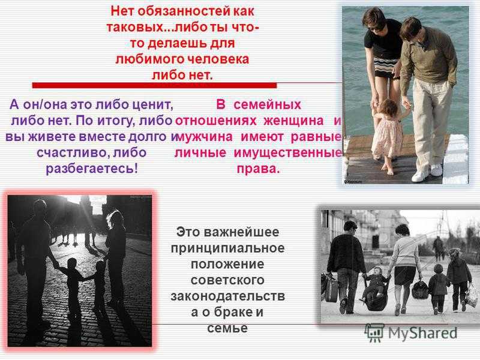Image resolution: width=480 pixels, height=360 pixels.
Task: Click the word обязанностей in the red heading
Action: click(184, 11)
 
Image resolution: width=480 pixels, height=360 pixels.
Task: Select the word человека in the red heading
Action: click(218, 59)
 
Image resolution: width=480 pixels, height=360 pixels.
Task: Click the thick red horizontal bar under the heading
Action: click(155, 85)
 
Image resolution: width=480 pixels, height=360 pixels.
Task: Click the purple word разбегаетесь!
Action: click(92, 169)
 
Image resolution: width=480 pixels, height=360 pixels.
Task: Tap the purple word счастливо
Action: click(73, 152)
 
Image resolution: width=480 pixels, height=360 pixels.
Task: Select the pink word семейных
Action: click(267, 105)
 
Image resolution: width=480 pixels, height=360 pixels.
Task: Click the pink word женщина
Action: click(293, 121)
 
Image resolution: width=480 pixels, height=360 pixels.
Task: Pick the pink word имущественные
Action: click(288, 152)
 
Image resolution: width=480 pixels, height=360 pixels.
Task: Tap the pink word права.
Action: click(258, 169)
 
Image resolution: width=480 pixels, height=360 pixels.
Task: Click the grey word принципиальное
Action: click(228, 248)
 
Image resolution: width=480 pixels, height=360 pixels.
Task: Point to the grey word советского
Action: click(227, 280)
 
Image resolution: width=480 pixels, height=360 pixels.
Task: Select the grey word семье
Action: click(227, 328)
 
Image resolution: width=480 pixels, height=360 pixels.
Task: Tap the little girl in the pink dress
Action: click(387, 134)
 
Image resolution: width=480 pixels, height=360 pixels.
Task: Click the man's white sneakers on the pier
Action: click(427, 173)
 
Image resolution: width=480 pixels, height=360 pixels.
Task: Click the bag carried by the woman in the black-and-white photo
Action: click(420, 289)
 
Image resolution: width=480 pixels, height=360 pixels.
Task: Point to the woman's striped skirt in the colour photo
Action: click(386, 67)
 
